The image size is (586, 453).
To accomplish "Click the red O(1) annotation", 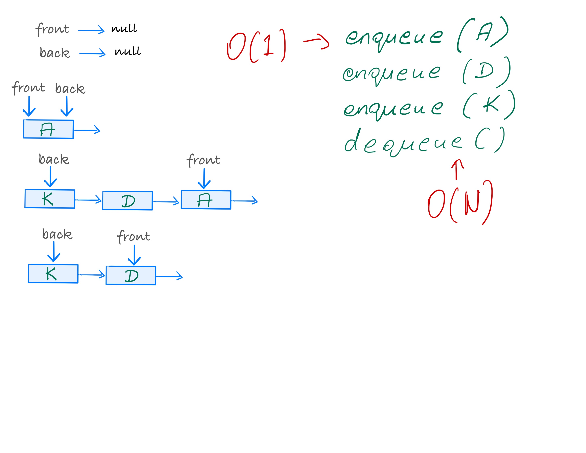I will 256,46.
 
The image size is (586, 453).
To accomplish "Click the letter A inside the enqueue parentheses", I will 484,32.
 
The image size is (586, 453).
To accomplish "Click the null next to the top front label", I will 124,28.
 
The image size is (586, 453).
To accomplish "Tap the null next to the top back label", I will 128,51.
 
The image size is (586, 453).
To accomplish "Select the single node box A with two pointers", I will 48,129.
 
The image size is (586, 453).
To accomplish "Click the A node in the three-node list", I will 206,200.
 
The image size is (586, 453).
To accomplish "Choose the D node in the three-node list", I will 128,200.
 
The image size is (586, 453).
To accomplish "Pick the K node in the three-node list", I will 50,199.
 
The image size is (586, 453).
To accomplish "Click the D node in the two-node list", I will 131,275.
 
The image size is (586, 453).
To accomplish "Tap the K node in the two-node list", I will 53,274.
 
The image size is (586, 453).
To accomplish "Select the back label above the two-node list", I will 57,234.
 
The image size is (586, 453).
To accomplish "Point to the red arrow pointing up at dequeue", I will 457,169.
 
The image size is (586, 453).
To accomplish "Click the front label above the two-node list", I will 133,236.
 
